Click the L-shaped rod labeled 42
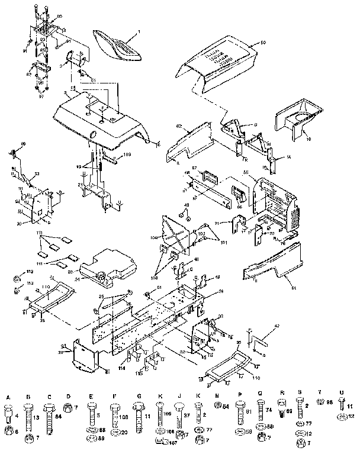[258, 342]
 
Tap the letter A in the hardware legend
[8, 397]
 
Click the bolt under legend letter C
[49, 417]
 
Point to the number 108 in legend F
[124, 416]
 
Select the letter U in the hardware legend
[342, 397]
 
